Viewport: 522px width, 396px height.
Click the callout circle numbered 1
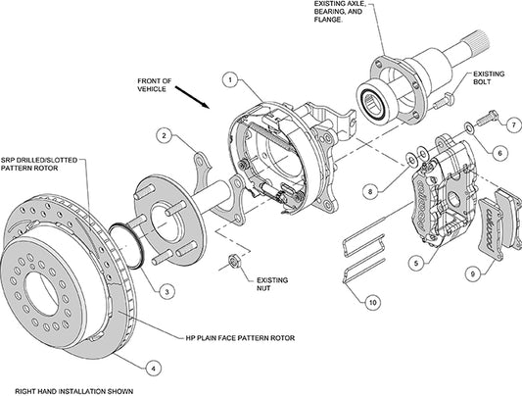228,77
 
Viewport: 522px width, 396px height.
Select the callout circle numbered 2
166,135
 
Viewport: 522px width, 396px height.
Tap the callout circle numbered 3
167,291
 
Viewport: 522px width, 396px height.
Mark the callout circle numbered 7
510,124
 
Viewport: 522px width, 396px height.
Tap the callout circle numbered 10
371,304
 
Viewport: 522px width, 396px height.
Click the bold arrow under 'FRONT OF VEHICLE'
192,101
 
